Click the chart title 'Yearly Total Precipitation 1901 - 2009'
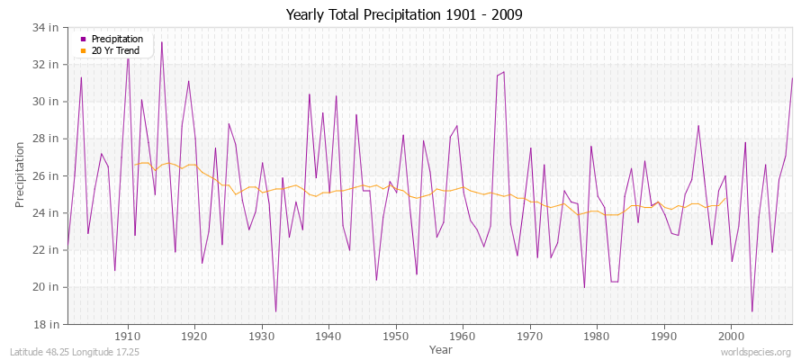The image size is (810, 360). (403, 14)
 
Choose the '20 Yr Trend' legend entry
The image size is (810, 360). (115, 50)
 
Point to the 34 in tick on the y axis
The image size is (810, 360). (47, 28)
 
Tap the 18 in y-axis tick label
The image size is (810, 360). (47, 324)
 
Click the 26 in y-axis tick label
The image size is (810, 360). (47, 175)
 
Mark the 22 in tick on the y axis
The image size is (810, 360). (47, 250)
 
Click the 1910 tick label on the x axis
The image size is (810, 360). (128, 336)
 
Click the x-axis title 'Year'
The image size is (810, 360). (441, 348)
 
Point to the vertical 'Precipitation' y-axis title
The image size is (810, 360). (20, 175)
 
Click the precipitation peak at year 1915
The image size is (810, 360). (162, 42)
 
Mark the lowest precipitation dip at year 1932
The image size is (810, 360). (275, 311)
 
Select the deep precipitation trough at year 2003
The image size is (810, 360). (752, 311)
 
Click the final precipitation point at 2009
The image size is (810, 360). (792, 78)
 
